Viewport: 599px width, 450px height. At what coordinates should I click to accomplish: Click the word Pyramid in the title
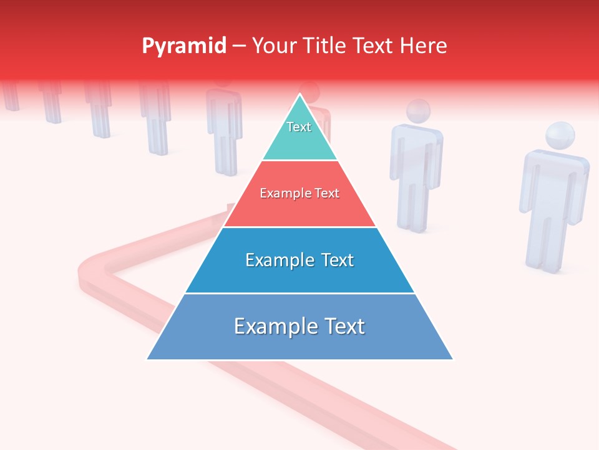(x=183, y=46)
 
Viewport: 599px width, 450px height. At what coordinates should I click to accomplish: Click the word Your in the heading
(x=273, y=46)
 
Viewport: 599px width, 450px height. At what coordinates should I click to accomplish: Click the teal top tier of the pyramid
(x=299, y=141)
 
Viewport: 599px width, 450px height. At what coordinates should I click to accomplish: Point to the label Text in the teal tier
(x=299, y=127)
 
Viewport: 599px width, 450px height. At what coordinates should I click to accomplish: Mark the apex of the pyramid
(x=300, y=95)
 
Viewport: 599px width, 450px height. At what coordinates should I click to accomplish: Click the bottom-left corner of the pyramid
(x=148, y=359)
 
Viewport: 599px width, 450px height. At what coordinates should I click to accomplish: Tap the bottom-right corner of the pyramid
(x=452, y=359)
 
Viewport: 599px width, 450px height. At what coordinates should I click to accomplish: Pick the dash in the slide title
(x=238, y=46)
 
